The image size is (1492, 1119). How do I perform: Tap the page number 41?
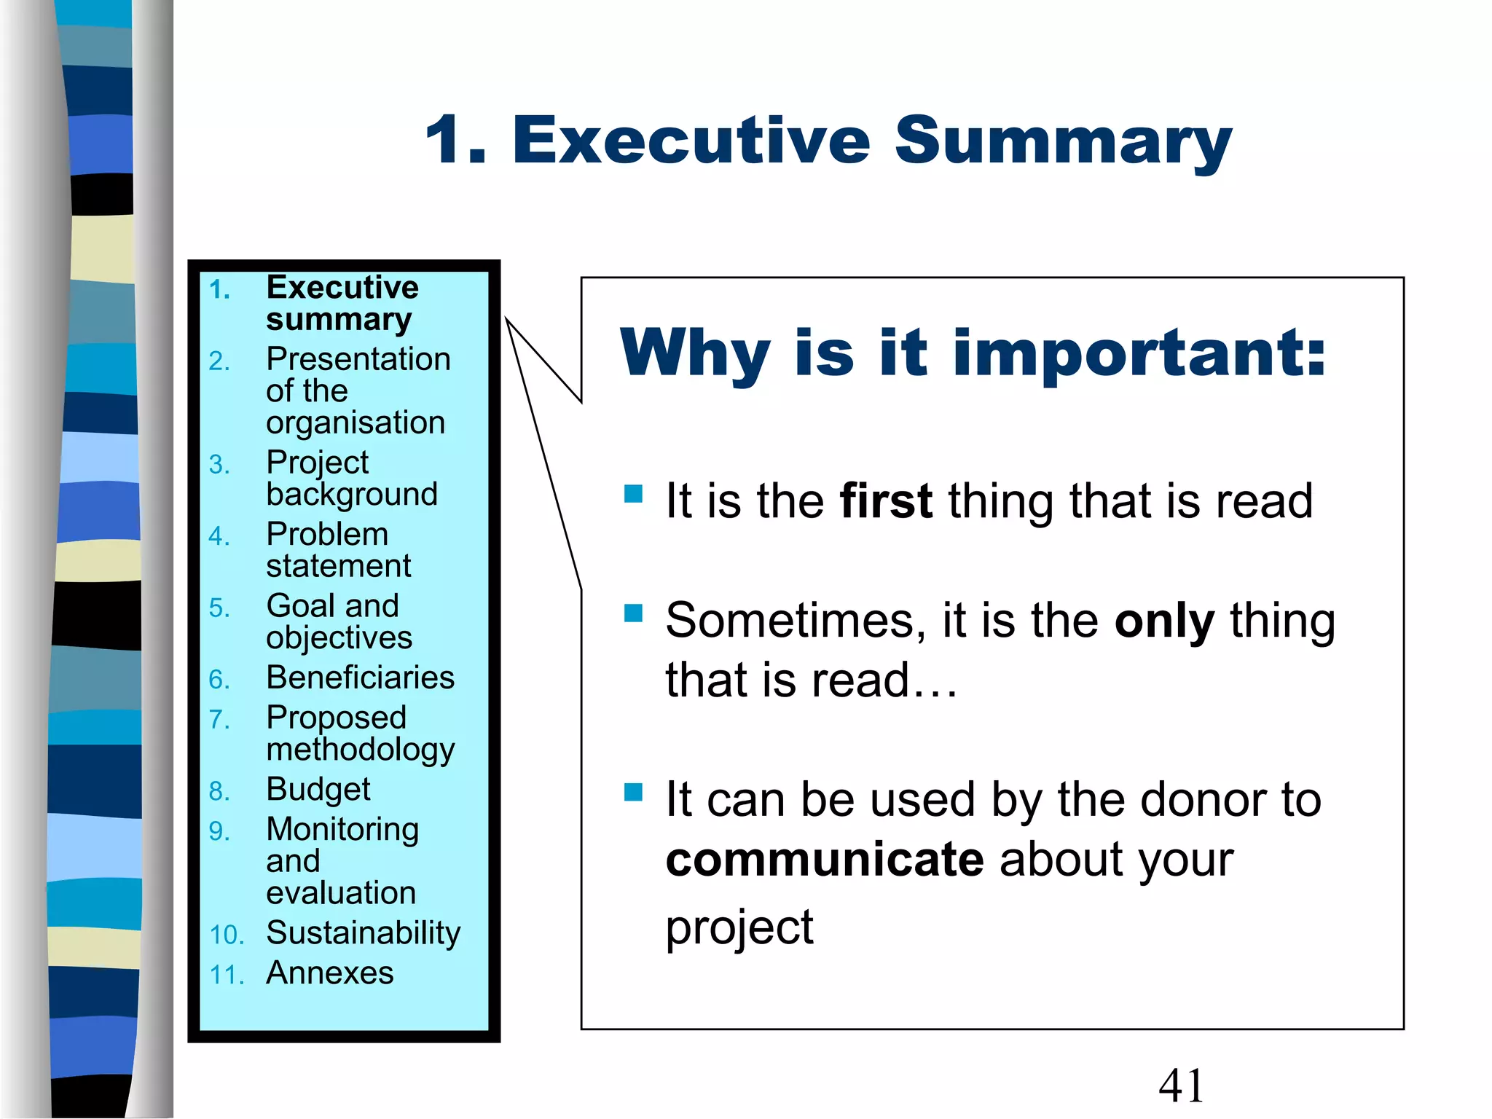tap(1181, 1085)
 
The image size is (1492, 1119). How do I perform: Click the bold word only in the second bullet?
tap(1164, 621)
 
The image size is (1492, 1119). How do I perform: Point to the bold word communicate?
tap(824, 860)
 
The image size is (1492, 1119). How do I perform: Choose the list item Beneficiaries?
tap(360, 678)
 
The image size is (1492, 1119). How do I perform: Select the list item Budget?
tap(318, 790)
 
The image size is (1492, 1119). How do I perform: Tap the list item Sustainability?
tap(363, 933)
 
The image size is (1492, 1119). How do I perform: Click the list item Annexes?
tap(329, 973)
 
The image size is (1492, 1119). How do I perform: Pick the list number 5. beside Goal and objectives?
tap(219, 608)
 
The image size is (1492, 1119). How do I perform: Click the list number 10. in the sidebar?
tap(226, 935)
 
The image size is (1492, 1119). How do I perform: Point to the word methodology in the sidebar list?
tap(360, 750)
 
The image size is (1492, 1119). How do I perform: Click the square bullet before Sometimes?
tap(633, 613)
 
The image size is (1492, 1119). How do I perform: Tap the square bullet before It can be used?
tap(633, 792)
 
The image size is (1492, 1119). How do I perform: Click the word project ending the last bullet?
tap(739, 928)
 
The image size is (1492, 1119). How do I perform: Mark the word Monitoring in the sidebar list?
tap(342, 830)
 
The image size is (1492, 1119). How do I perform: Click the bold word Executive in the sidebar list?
tap(342, 288)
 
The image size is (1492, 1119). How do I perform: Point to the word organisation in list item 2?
tap(356, 423)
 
